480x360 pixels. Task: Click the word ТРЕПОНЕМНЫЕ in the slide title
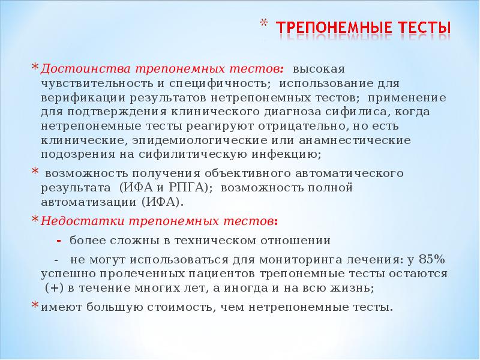[334, 28]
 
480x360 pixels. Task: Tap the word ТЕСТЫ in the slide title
[425, 28]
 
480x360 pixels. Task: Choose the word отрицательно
[296, 126]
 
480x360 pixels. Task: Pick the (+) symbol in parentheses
[54, 289]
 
